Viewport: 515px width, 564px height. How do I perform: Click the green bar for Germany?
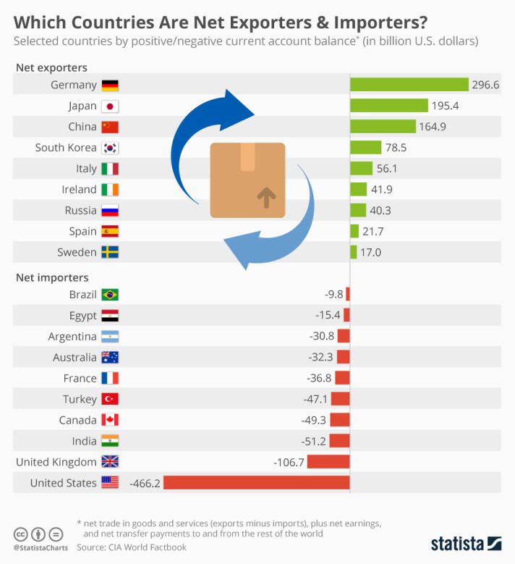409,85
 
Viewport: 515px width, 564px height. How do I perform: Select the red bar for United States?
257,483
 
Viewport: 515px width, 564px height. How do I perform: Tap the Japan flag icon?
110,106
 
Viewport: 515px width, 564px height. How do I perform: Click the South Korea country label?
66,148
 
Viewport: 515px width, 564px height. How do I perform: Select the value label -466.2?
145,483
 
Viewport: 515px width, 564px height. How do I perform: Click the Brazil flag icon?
110,295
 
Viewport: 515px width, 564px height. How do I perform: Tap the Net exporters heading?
51,68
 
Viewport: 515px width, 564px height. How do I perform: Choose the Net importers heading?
52,277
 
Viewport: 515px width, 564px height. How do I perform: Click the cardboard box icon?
247,180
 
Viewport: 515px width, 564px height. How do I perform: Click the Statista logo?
466,543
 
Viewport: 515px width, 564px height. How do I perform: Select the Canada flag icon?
110,420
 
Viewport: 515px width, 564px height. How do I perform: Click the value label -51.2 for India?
315,441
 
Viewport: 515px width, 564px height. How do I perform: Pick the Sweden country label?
77,253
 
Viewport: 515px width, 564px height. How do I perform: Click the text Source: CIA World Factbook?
131,547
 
